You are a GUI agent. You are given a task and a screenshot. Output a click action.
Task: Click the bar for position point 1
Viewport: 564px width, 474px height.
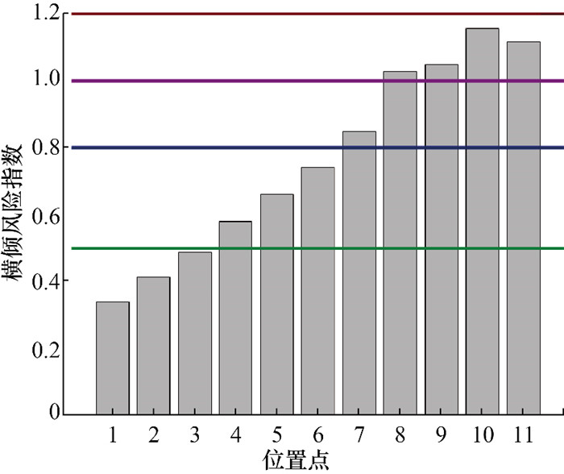click(x=113, y=358)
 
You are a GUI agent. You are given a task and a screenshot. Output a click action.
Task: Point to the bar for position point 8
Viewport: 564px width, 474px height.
click(x=400, y=243)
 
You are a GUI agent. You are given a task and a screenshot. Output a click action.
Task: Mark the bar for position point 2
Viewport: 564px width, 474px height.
click(x=153, y=346)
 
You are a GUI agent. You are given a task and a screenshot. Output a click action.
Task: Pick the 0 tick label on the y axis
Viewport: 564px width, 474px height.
click(x=55, y=414)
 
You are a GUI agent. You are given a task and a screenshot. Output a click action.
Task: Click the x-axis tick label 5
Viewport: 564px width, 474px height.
click(x=277, y=435)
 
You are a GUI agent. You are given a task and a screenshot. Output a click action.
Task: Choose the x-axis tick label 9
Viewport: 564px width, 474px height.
click(x=442, y=435)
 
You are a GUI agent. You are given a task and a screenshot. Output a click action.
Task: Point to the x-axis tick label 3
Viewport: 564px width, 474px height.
click(x=195, y=435)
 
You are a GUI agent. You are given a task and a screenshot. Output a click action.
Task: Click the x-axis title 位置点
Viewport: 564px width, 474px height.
click(x=296, y=460)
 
